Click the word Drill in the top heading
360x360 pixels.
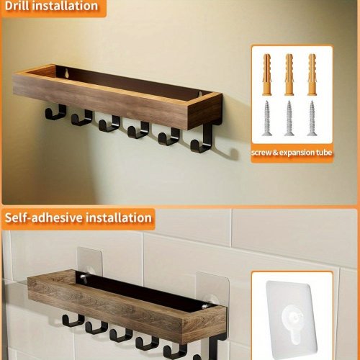point(17,6)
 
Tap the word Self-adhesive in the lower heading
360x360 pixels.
point(44,217)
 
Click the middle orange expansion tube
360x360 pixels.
point(289,74)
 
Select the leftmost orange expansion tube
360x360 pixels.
point(266,74)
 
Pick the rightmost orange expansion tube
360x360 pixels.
point(312,74)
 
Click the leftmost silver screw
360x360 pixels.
point(266,118)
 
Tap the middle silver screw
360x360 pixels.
point(289,118)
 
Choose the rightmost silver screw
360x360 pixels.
point(312,118)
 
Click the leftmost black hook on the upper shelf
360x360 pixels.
point(55,112)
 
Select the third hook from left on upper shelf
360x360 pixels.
point(109,124)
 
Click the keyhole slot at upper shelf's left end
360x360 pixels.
point(67,73)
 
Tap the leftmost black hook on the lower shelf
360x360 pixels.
point(73,320)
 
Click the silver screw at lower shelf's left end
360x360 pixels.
point(83,277)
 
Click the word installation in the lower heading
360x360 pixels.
point(119,217)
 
